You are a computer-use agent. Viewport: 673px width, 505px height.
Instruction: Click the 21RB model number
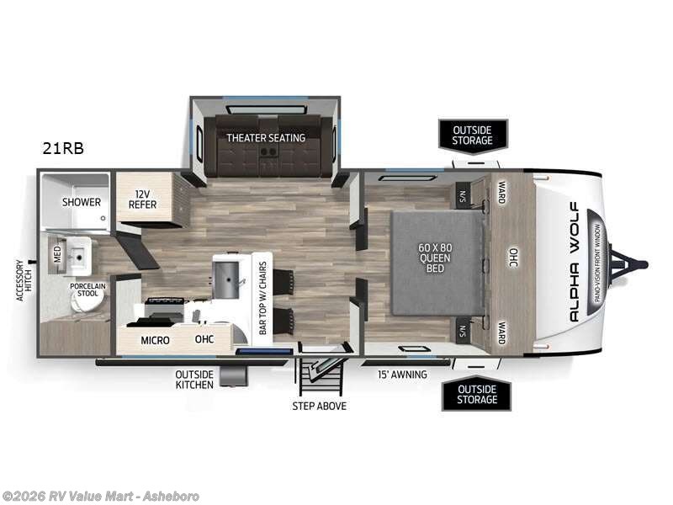pyautogui.click(x=63, y=148)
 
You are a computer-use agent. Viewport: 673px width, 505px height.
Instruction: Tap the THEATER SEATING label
pyautogui.click(x=265, y=136)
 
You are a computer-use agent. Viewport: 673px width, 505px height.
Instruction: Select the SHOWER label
pyautogui.click(x=82, y=202)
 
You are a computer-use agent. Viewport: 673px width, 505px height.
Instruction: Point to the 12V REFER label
pyautogui.click(x=143, y=199)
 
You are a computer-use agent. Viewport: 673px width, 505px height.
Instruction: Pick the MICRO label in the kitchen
pyautogui.click(x=155, y=341)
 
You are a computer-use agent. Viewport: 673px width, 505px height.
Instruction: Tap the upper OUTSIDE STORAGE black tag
pyautogui.click(x=473, y=135)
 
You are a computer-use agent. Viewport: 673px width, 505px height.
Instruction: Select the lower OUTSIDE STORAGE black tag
pyautogui.click(x=476, y=394)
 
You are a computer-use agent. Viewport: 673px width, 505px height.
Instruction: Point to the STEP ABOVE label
pyautogui.click(x=319, y=406)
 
